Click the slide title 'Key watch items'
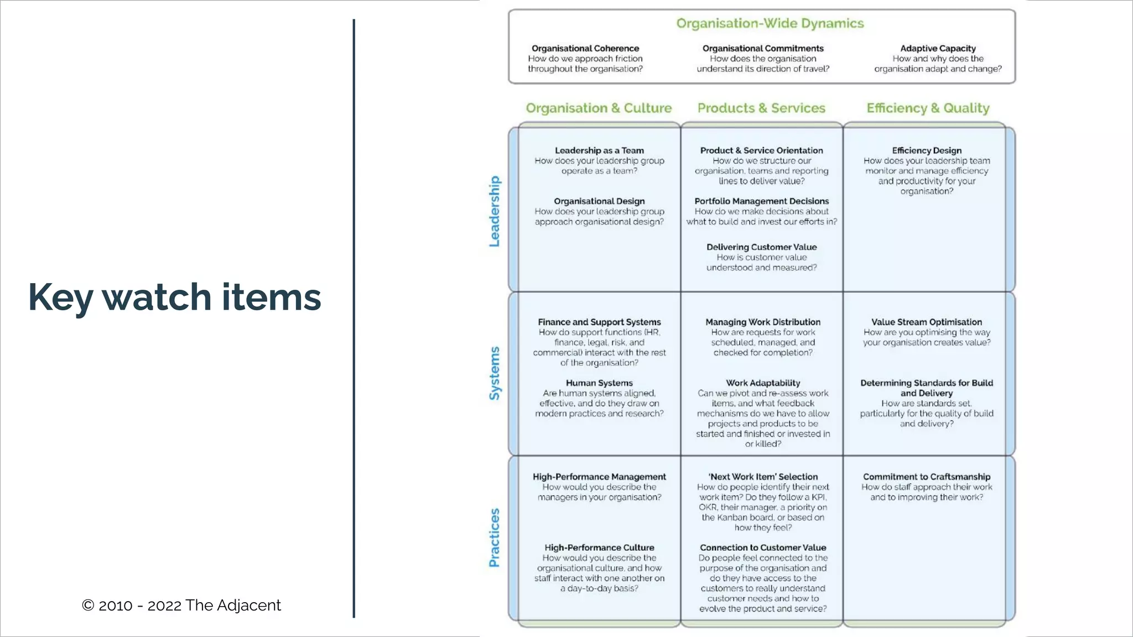pos(174,297)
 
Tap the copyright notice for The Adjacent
pos(181,605)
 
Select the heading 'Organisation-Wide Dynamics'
pos(770,24)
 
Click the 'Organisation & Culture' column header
pos(599,108)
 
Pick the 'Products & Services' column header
pos(761,108)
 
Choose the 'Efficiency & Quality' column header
pos(928,108)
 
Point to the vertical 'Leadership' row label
pos(494,211)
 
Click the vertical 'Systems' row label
pos(494,373)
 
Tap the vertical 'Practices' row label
pos(494,537)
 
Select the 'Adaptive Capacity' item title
pos(938,49)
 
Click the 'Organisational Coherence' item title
pos(585,49)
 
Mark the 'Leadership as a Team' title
pos(599,150)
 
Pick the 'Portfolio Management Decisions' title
pos(761,201)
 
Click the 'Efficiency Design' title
pos(927,150)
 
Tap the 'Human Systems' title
pos(599,383)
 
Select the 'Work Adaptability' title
pos(763,383)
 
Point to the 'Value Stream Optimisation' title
pos(927,322)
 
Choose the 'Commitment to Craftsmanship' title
pos(927,477)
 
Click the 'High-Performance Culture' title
pos(599,547)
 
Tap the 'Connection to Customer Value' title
pos(763,547)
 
